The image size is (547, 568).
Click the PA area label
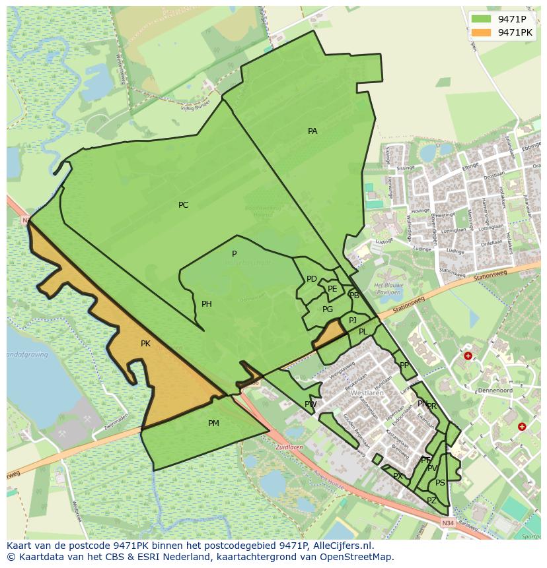312,131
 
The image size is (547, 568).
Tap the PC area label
183,205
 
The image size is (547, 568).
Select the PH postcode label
207,304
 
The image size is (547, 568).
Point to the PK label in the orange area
145,344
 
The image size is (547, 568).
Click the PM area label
213,424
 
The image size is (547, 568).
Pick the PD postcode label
312,279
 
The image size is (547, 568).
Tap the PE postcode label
332,289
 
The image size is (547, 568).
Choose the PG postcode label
328,309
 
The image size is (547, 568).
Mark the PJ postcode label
353,321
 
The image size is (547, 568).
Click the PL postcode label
363,332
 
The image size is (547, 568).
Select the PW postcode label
310,404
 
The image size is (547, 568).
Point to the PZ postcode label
431,501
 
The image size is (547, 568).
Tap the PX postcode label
398,476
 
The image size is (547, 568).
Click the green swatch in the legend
481,19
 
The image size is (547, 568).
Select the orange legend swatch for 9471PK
481,32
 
